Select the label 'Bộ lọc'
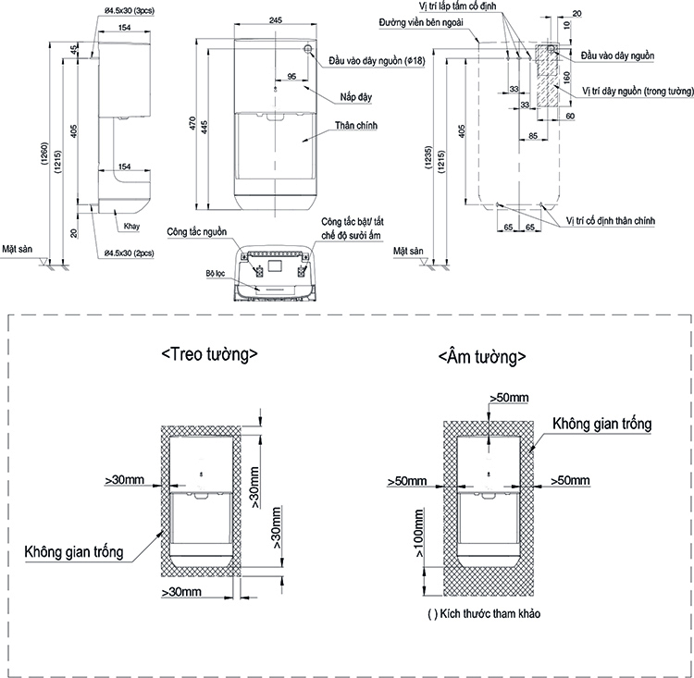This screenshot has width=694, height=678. (x=217, y=275)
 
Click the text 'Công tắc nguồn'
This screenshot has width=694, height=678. (x=197, y=231)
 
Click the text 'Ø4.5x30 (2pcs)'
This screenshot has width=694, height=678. (x=130, y=252)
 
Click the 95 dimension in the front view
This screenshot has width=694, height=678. (x=291, y=77)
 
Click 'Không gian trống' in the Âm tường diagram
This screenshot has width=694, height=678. (x=602, y=423)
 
